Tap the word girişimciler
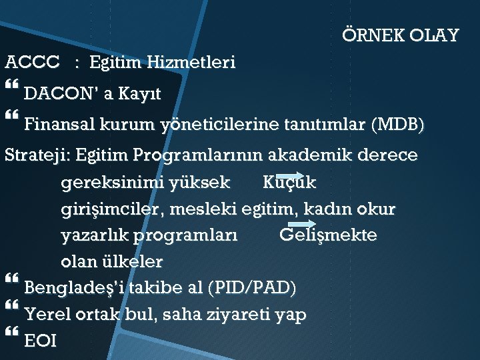coord(112,209)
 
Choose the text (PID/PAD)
coord(253,288)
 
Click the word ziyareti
coord(238,315)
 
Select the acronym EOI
coord(40,341)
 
